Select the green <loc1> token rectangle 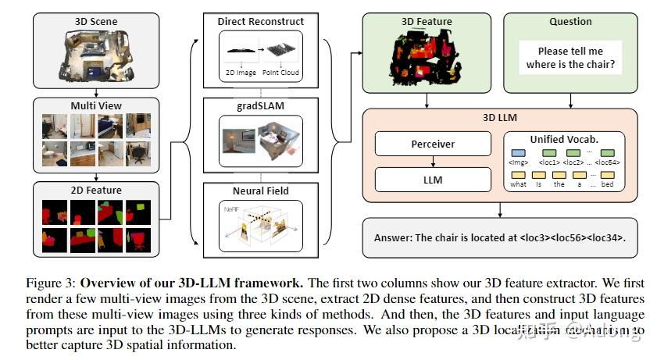(x=551, y=153)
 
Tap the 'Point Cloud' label (x=281, y=72)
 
